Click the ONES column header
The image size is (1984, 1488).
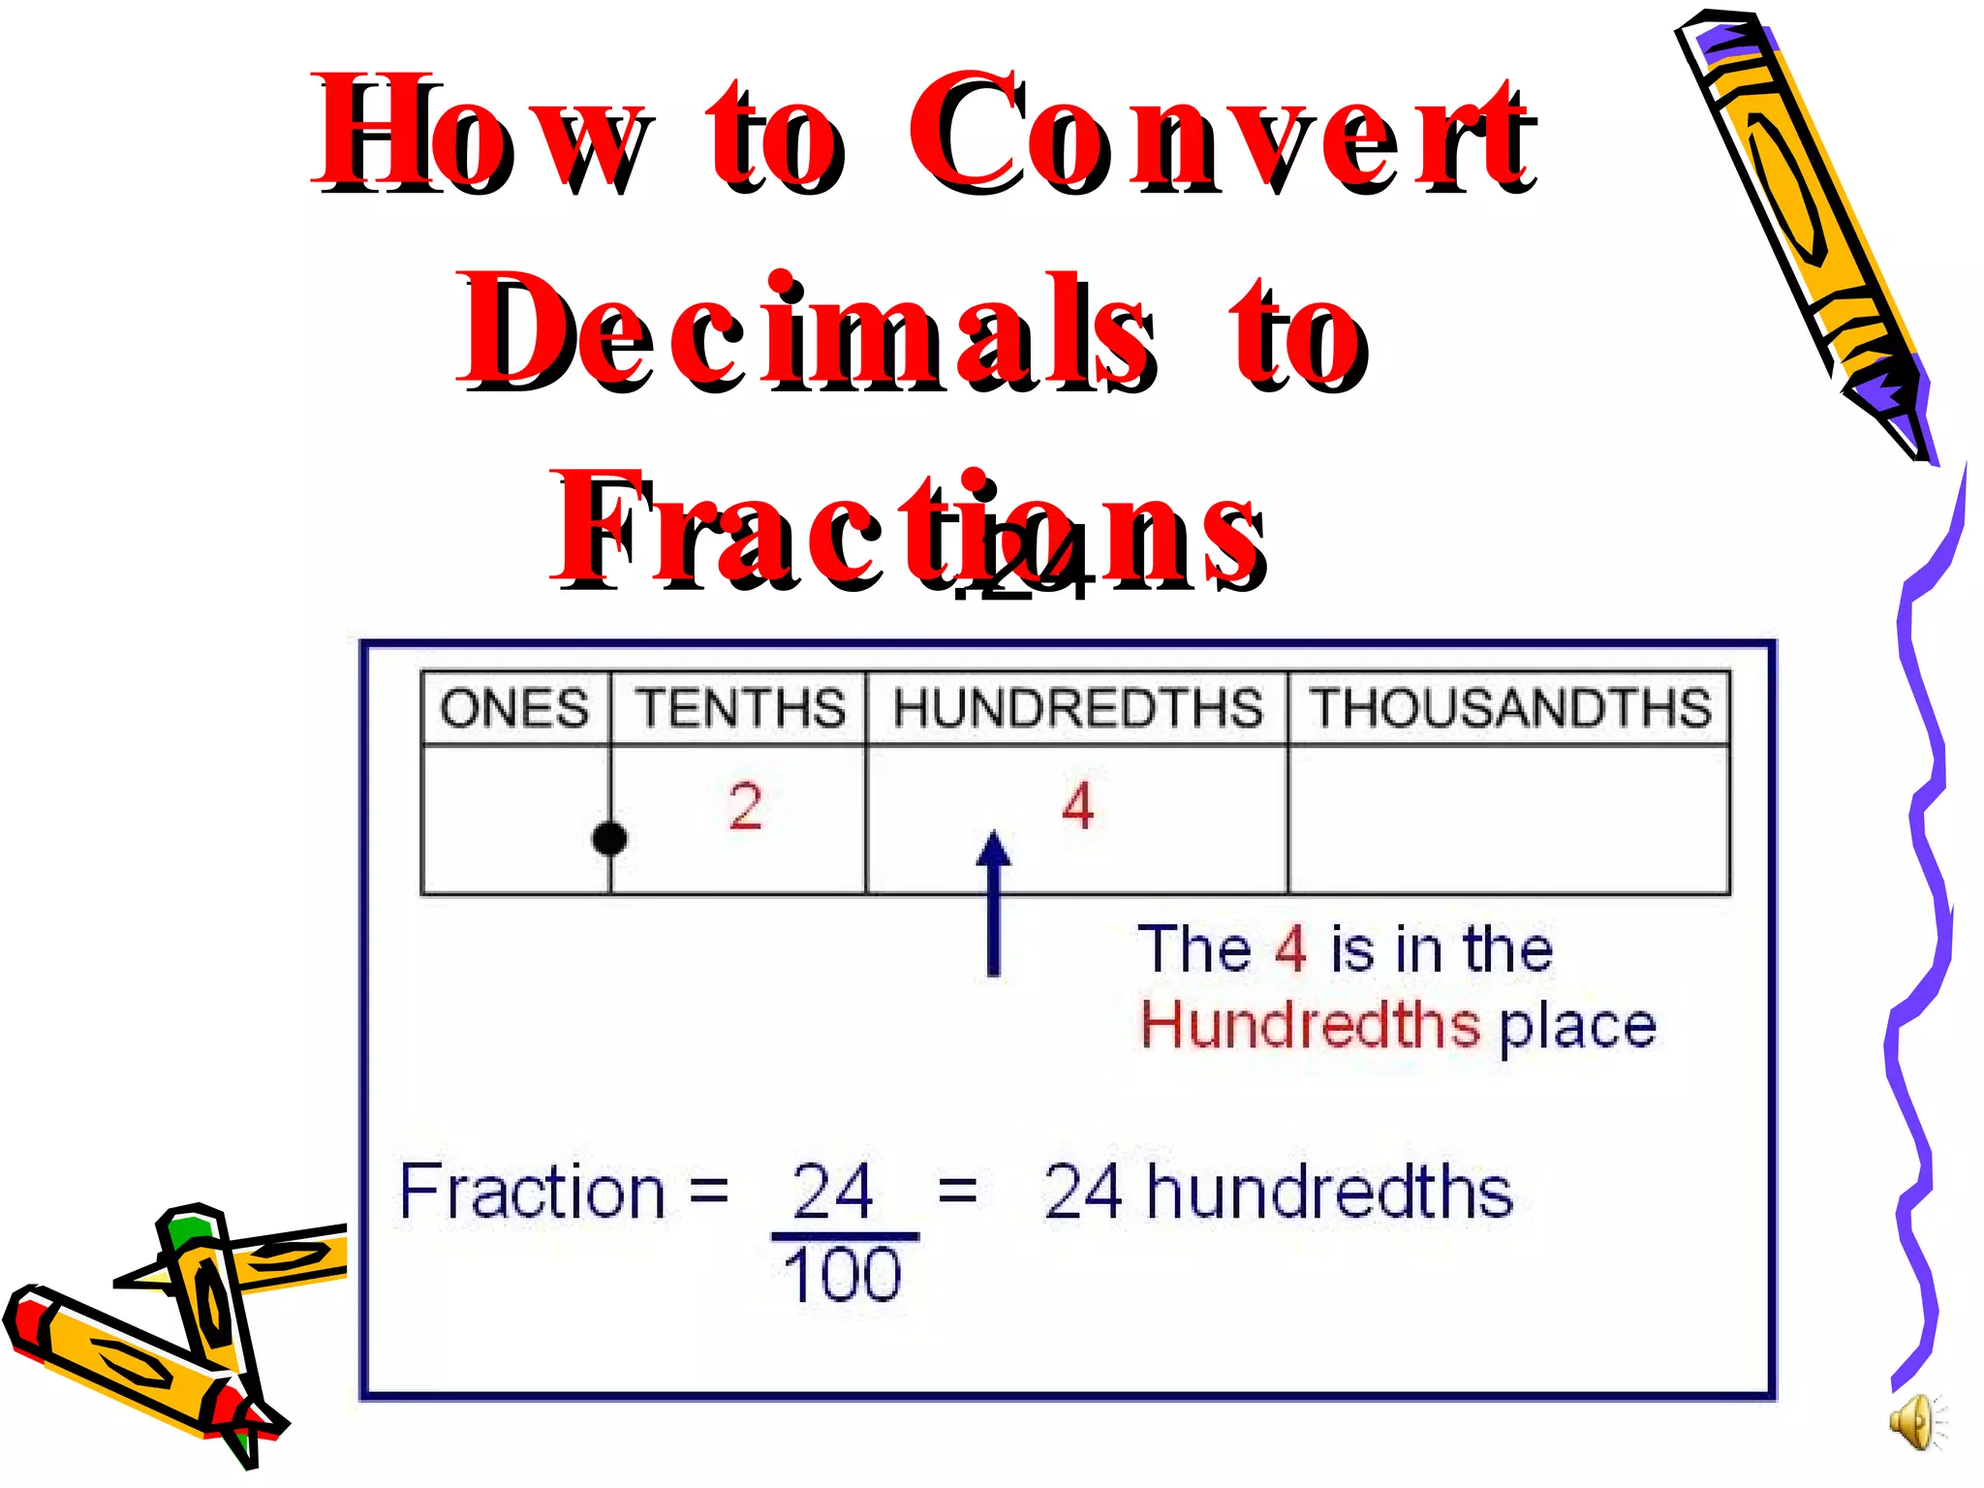[514, 708]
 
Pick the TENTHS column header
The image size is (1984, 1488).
[740, 708]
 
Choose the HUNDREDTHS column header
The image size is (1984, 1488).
[1077, 708]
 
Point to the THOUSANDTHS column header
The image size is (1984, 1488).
[1510, 708]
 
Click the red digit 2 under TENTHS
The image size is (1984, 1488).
[745, 806]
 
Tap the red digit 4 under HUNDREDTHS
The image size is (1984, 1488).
[1077, 806]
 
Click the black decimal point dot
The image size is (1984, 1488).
[609, 838]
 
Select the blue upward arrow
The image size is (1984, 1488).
[993, 901]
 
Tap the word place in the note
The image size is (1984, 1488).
[1577, 1027]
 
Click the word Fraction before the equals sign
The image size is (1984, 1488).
[532, 1192]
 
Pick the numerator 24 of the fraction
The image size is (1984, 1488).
[832, 1192]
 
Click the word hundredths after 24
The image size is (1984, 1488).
[1329, 1192]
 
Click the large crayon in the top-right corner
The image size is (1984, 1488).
[1802, 223]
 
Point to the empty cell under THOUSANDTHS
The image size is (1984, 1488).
[1508, 820]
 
